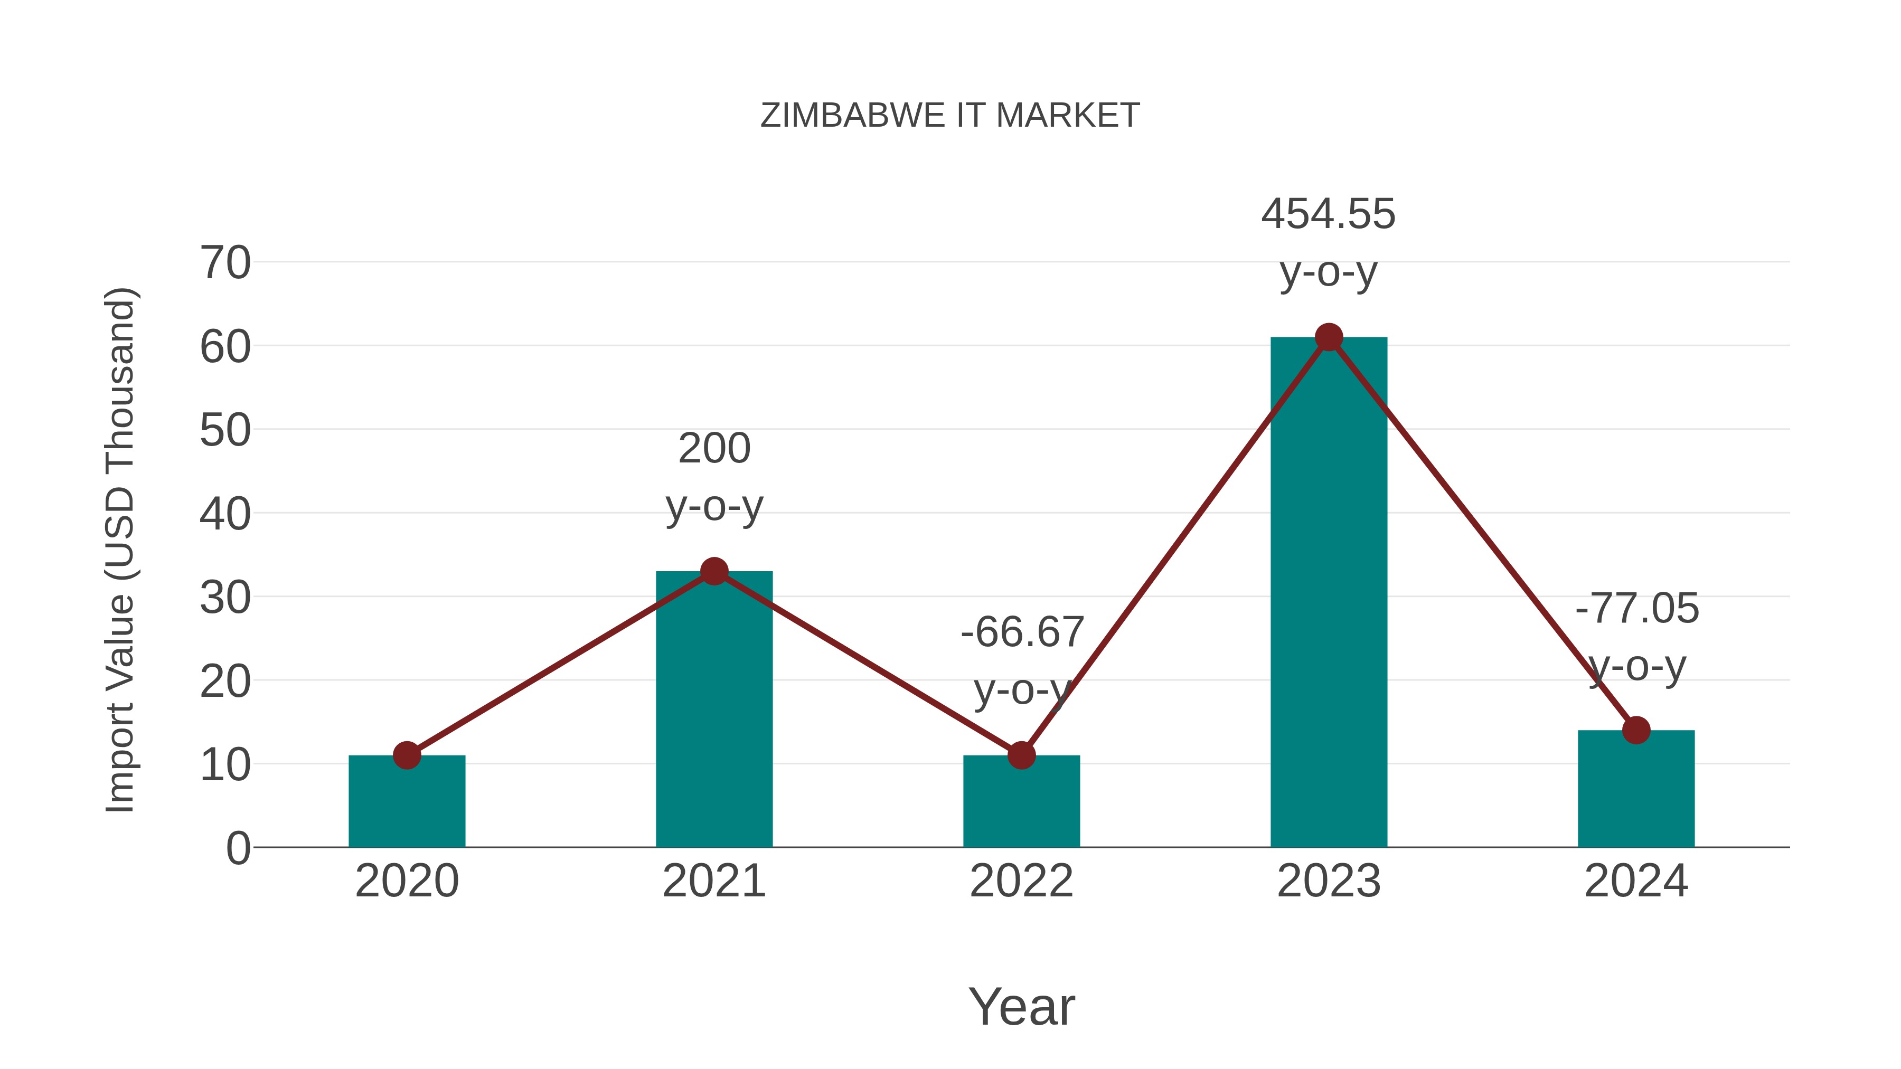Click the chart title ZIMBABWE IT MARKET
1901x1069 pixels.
950,116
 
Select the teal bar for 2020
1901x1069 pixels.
407,804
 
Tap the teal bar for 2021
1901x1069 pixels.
713,708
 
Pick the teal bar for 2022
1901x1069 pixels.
1021,804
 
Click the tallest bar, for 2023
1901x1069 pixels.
1329,590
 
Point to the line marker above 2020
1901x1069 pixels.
407,755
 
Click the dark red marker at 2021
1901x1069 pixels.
713,571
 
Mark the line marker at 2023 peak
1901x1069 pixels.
1329,337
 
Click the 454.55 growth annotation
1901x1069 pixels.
1329,214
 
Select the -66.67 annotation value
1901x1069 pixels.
1021,632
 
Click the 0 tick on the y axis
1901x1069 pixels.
238,848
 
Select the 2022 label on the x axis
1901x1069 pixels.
1021,881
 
